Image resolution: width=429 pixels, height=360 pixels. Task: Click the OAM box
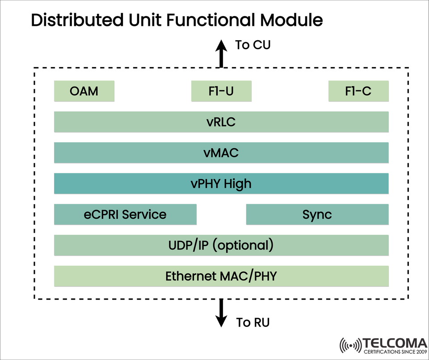(x=84, y=91)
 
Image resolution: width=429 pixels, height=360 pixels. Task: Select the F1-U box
(x=221, y=91)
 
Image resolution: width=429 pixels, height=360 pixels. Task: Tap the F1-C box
(x=358, y=91)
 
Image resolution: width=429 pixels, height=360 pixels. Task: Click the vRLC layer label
(x=221, y=122)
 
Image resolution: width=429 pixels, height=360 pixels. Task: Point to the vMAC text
(x=221, y=153)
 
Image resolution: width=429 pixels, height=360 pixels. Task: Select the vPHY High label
(x=221, y=184)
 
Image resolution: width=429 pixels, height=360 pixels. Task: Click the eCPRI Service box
(x=125, y=214)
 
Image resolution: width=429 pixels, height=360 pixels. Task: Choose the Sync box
(x=317, y=214)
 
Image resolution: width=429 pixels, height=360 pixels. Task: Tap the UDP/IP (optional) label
(x=221, y=245)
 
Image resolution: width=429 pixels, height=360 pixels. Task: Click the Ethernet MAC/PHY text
(x=221, y=276)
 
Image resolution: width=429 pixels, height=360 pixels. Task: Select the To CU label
(x=253, y=45)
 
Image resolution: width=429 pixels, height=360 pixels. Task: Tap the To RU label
(x=253, y=322)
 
